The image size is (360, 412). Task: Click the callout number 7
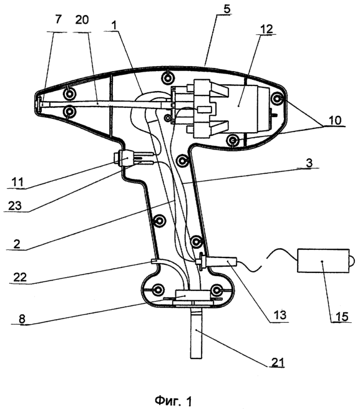coord(58,20)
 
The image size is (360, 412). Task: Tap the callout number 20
coord(82,20)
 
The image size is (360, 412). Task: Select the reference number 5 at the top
coord(226,9)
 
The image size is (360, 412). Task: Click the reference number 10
coord(334,120)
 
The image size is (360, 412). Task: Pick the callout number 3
coord(309,163)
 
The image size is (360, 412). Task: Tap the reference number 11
coord(17,182)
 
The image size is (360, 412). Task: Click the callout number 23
coord(15,206)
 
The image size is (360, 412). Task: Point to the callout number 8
coord(22,319)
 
